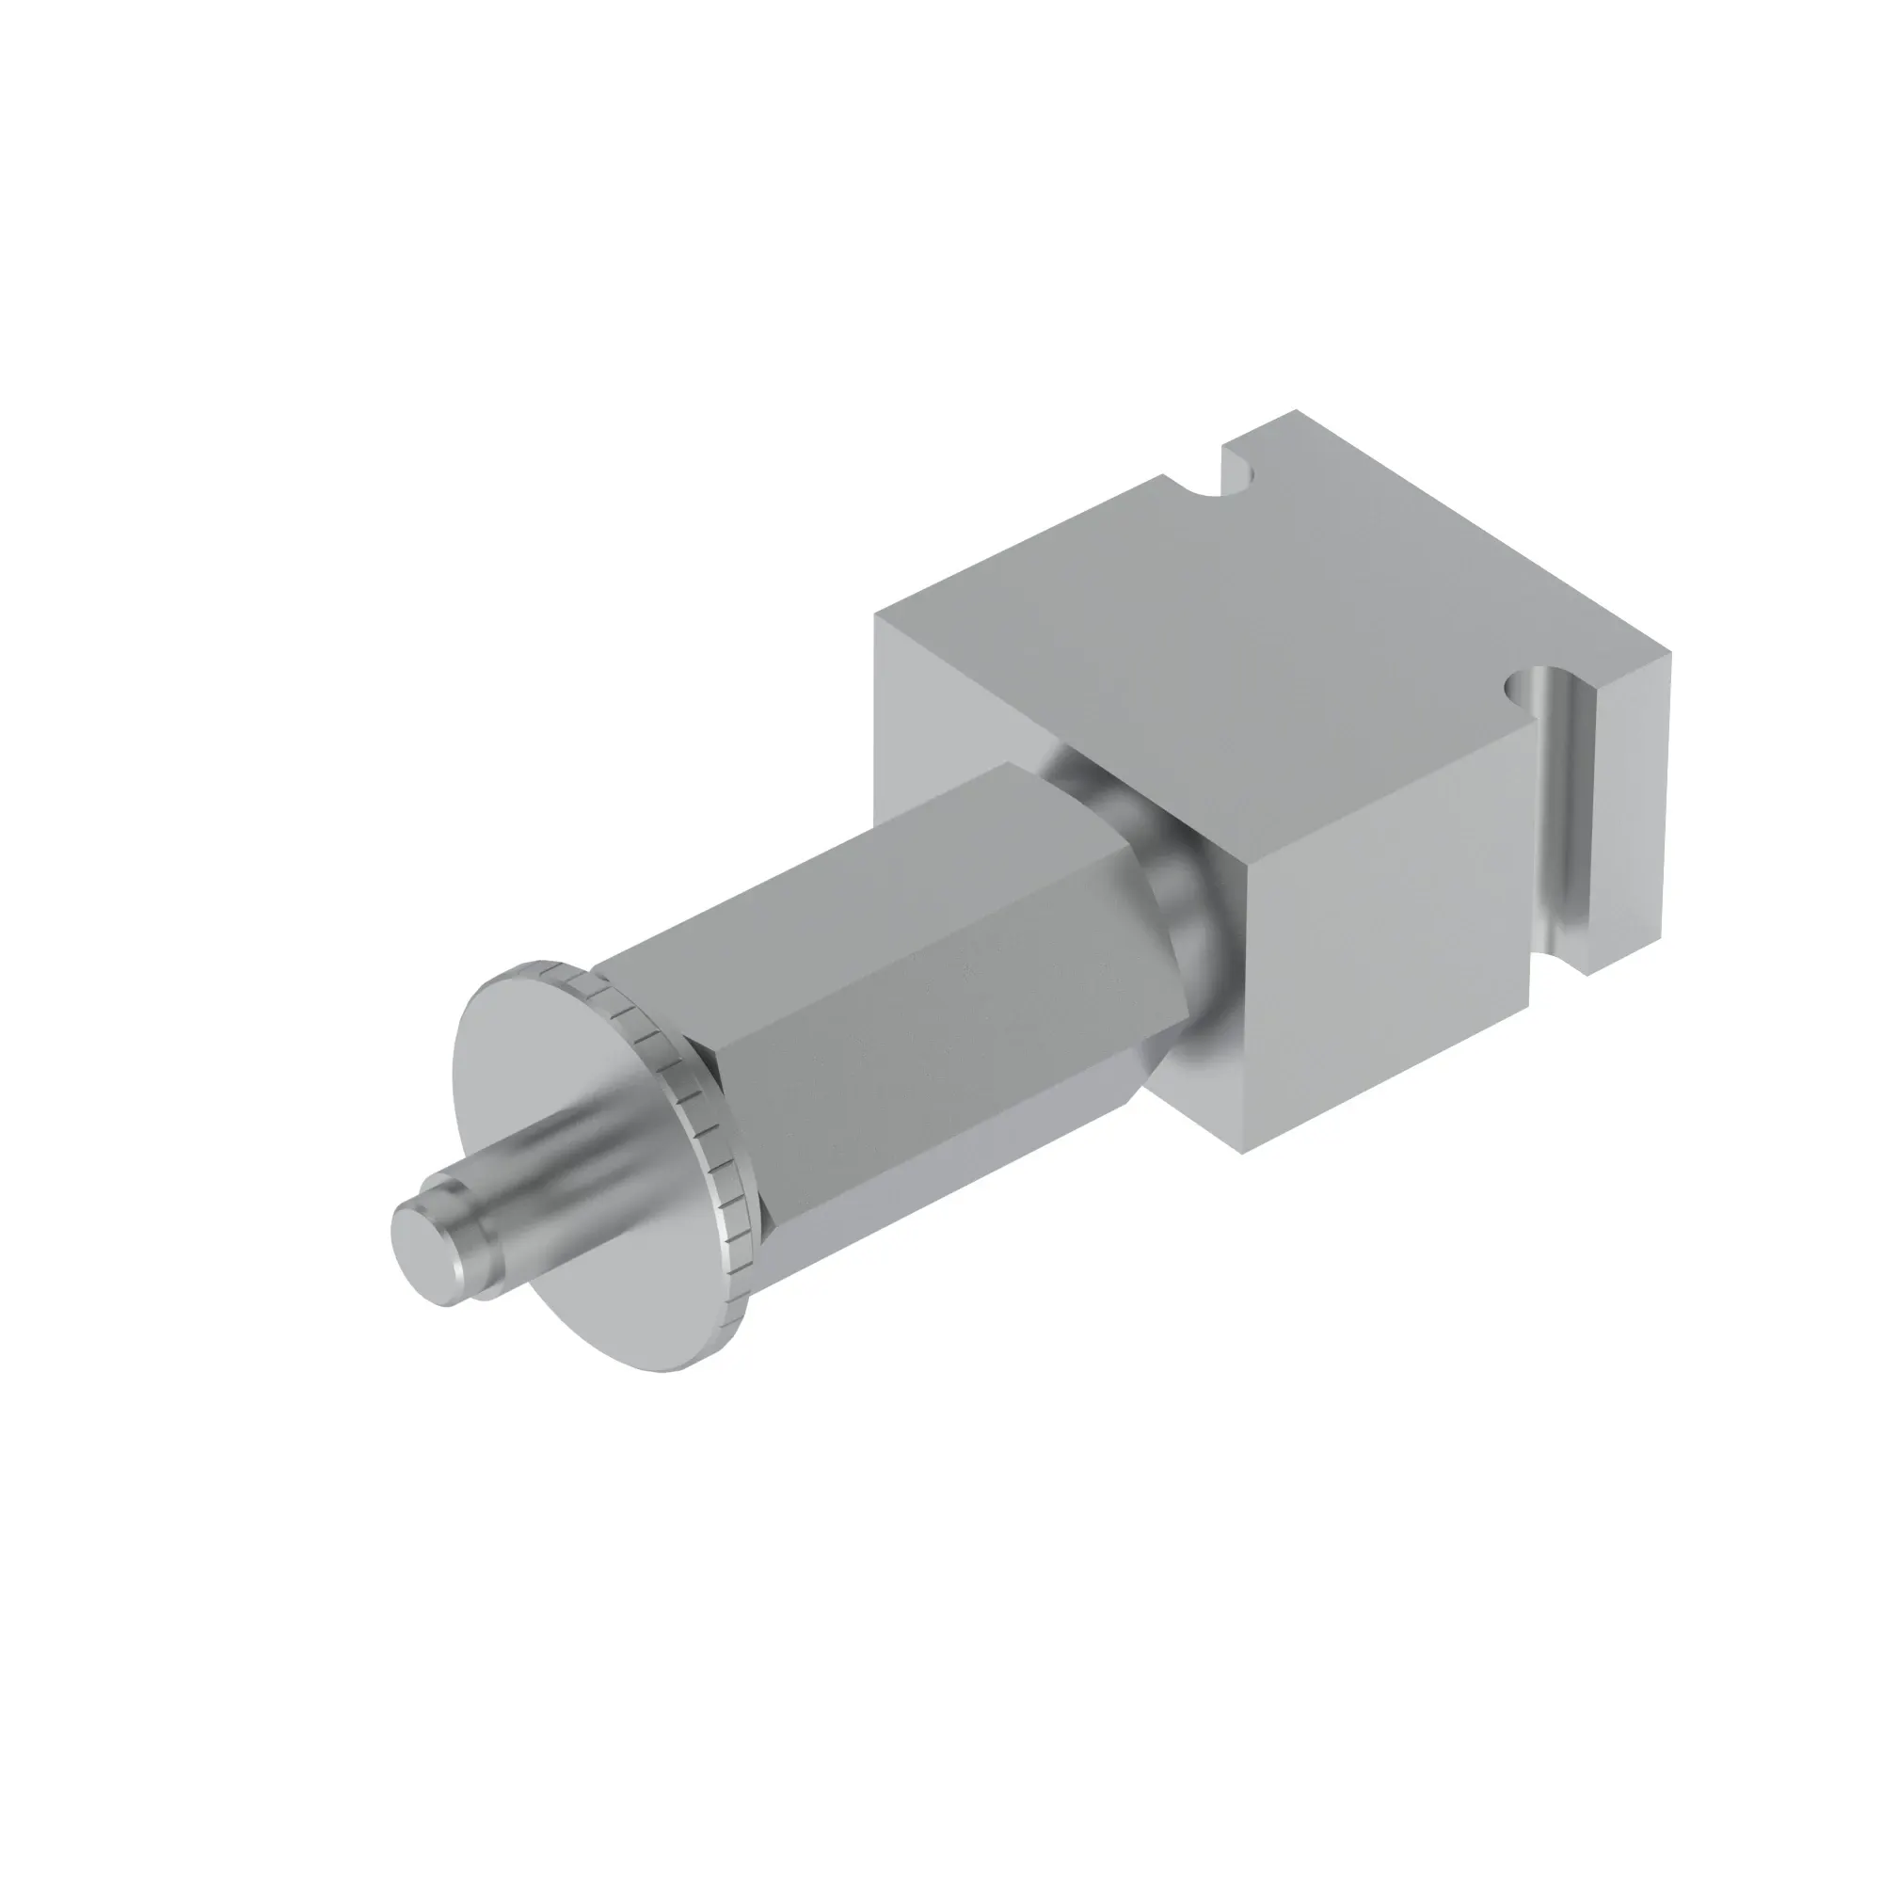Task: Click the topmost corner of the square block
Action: tap(1296, 412)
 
